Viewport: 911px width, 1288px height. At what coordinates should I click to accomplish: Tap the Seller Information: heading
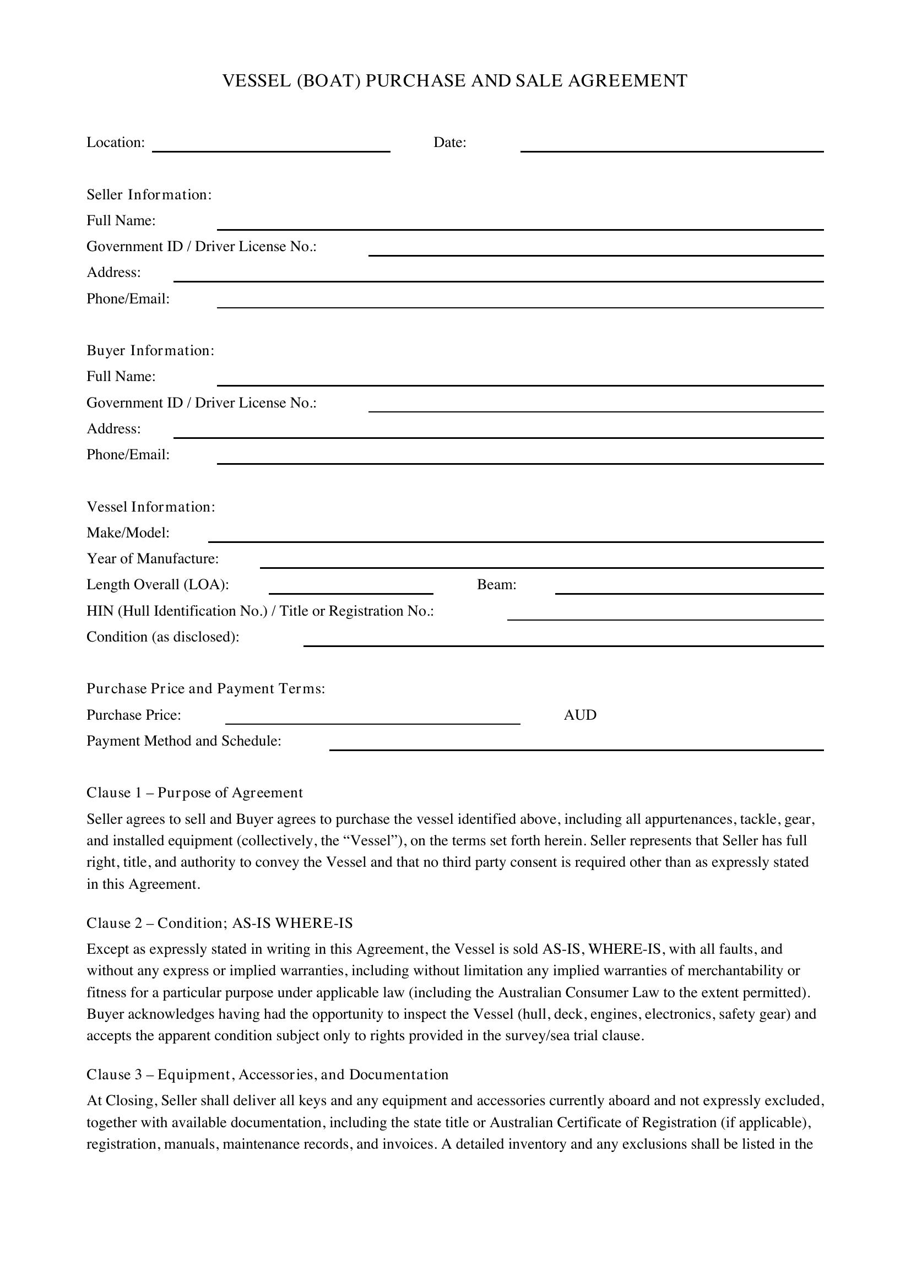tap(149, 194)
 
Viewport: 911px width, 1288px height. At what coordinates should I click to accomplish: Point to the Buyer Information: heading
tap(150, 351)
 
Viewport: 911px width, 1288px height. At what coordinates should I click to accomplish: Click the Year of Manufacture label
tap(153, 559)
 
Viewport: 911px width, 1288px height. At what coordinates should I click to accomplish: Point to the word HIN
tap(100, 611)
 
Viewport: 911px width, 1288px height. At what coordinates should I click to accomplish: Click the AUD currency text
tap(579, 715)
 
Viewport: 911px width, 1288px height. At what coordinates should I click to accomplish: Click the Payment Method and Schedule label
tap(183, 741)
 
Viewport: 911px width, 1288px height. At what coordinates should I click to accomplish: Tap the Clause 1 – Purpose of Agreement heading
tap(194, 792)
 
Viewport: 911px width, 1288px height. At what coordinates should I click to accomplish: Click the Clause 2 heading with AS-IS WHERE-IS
tap(219, 923)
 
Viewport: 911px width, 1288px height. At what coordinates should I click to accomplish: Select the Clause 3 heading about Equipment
tap(267, 1074)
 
